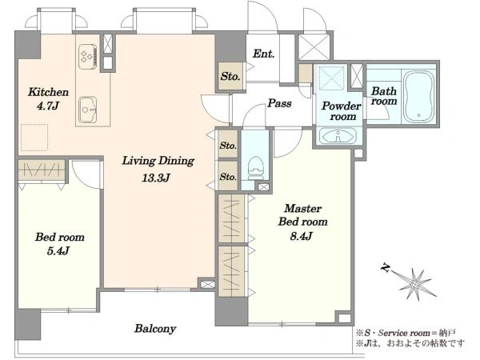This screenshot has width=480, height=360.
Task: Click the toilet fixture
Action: tap(256, 168)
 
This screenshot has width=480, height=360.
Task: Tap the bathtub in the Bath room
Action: tap(418, 97)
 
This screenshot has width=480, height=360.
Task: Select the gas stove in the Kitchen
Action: tap(88, 57)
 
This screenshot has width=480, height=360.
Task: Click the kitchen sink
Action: tap(88, 110)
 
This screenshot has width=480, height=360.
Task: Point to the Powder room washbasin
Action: tap(338, 136)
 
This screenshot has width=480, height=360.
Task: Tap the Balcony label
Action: tap(155, 329)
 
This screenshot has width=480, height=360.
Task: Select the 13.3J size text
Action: tap(156, 178)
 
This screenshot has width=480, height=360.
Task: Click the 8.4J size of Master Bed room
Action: tap(302, 236)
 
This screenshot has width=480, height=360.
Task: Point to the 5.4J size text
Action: tap(58, 251)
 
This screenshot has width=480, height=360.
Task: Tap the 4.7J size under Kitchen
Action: tap(48, 106)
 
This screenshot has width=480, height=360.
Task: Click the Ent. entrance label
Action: tap(263, 54)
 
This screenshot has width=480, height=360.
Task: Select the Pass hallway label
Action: tap(279, 103)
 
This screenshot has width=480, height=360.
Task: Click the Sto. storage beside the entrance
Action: tap(230, 76)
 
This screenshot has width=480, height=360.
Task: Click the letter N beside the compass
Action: tap(386, 269)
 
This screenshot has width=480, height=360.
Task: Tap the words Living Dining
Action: tap(158, 161)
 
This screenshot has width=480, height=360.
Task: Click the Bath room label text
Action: tap(384, 96)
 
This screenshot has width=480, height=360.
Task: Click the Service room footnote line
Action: tap(406, 333)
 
